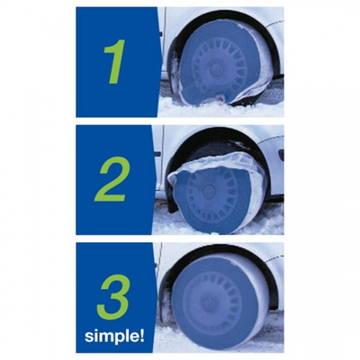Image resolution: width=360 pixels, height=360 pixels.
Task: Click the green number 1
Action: [x=115, y=61]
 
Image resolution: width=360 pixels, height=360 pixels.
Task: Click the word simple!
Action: [x=114, y=336]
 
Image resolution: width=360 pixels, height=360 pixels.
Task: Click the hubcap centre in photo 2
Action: [x=207, y=191]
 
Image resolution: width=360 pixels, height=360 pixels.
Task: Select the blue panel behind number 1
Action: [x=117, y=62]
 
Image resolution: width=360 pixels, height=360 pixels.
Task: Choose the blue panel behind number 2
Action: [x=115, y=180]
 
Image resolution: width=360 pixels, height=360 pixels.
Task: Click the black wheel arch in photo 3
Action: [x=222, y=252]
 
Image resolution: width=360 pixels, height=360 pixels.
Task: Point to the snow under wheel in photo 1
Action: [x=220, y=110]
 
